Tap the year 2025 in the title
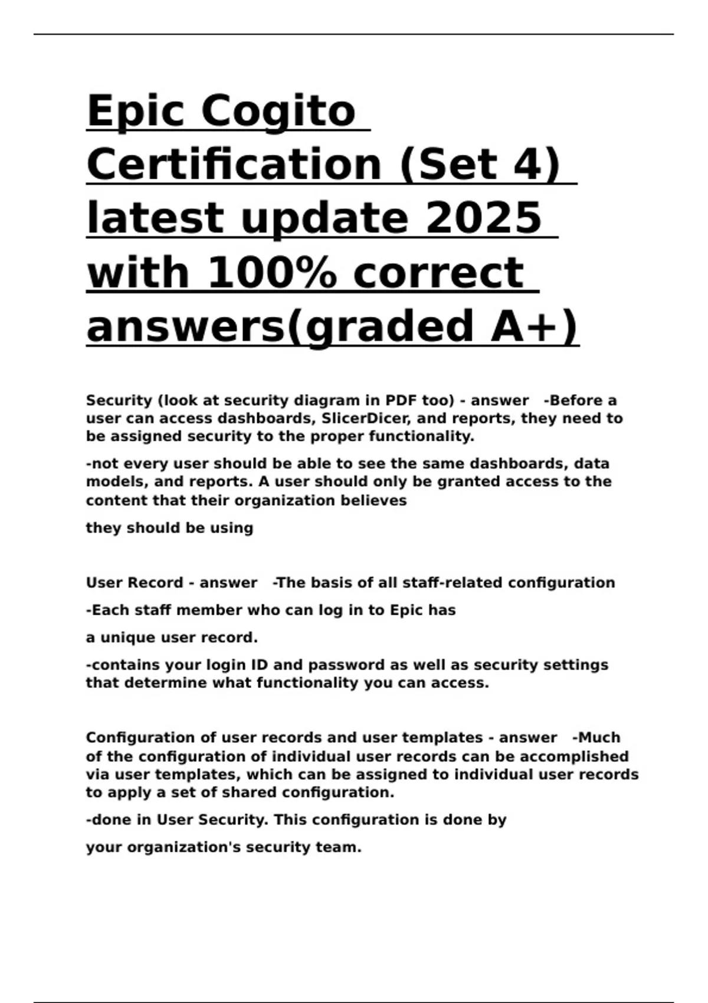pyautogui.click(x=483, y=218)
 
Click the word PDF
pyautogui.click(x=402, y=401)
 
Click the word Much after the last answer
pyautogui.click(x=598, y=738)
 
